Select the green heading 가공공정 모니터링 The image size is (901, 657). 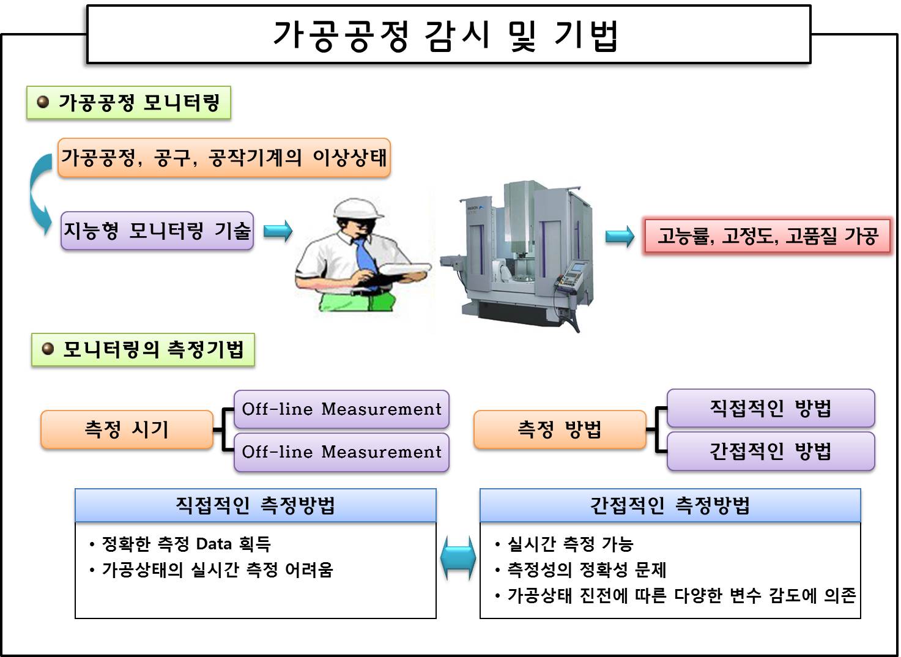point(128,103)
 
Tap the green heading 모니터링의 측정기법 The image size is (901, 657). point(143,349)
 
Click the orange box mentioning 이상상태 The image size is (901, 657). point(224,158)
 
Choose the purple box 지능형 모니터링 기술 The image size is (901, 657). point(157,231)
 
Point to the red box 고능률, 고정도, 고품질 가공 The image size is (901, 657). point(767,236)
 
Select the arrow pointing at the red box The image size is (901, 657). point(620,237)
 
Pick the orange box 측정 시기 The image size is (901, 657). point(127,429)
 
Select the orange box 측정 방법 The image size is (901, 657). point(560,429)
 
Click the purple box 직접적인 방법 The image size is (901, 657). point(771,408)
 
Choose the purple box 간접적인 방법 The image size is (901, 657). point(771,451)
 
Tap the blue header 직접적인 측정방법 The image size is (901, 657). point(256,505)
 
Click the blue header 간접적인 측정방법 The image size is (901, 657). point(670,505)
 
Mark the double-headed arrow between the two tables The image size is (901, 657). point(458,557)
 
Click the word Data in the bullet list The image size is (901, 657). point(213,544)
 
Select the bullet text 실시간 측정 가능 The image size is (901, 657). point(570,544)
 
